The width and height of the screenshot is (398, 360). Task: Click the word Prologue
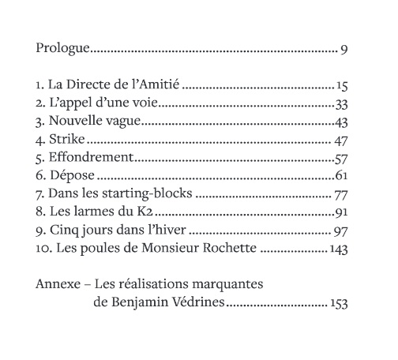point(62,49)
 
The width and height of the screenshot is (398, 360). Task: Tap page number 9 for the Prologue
point(344,49)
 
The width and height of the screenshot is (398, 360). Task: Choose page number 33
point(341,104)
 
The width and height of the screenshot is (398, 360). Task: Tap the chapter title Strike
point(66,141)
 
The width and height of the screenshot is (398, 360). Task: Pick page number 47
point(341,141)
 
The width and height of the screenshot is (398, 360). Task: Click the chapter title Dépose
point(70,177)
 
